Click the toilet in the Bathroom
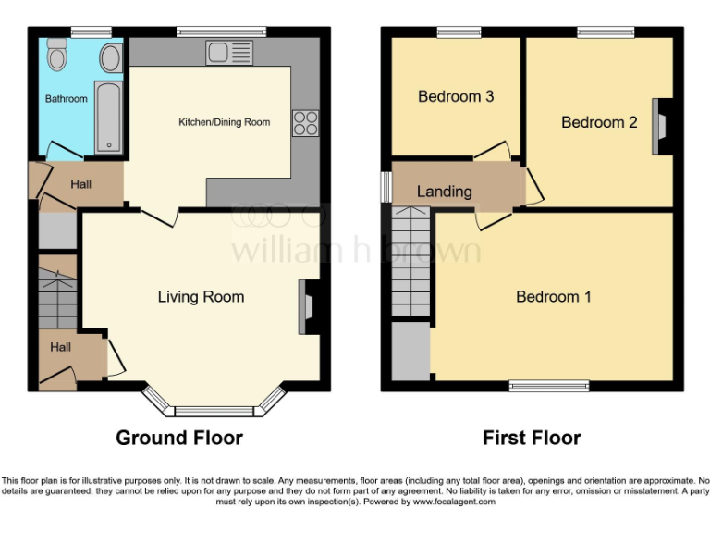[x=57, y=57]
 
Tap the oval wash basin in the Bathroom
[x=110, y=58]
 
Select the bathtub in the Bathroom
[x=108, y=118]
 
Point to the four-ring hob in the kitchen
[x=305, y=122]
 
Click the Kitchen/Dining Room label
[x=224, y=122]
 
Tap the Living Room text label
[x=201, y=296]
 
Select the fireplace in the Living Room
[x=307, y=306]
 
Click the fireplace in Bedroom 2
[x=663, y=125]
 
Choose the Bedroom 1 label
[x=553, y=296]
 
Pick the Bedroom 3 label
[x=455, y=96]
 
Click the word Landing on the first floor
[x=444, y=192]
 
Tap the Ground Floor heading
[x=179, y=438]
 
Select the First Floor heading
[x=532, y=438]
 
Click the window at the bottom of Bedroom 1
[x=548, y=385]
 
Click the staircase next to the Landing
[x=411, y=262]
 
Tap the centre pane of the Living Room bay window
[x=214, y=410]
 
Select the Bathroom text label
[x=67, y=99]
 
